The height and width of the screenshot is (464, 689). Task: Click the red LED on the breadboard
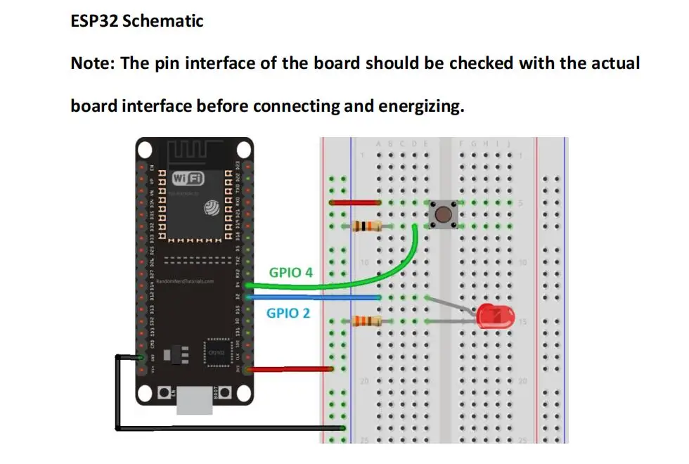click(x=496, y=317)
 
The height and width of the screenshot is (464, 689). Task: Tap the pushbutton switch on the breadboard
click(x=442, y=214)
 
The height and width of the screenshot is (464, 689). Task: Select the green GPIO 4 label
click(x=290, y=272)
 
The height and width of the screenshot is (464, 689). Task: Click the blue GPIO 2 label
click(x=288, y=313)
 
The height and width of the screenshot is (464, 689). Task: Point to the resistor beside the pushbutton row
click(x=366, y=226)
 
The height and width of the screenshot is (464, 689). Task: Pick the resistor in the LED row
click(x=366, y=321)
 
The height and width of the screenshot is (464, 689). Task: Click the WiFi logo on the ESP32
click(x=188, y=178)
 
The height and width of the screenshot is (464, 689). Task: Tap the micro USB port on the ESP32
click(x=193, y=402)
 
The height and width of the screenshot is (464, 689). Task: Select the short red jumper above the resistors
click(x=355, y=202)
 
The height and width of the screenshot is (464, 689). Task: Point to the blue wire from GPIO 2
click(x=316, y=297)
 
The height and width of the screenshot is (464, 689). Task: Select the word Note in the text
click(x=91, y=63)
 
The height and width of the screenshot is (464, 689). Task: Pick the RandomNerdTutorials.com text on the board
click(x=184, y=281)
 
